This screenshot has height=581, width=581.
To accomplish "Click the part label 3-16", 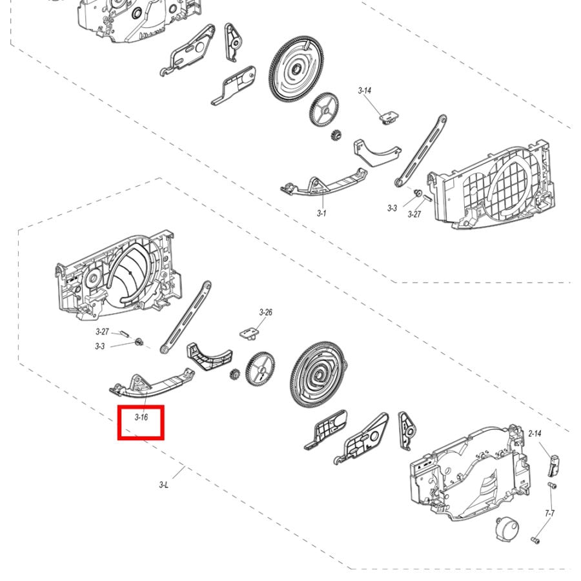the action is (x=141, y=417).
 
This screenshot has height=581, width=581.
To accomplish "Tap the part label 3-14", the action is (x=365, y=90).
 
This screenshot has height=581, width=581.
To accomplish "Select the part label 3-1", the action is (x=321, y=213).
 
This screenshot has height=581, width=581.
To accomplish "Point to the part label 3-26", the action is (x=266, y=312).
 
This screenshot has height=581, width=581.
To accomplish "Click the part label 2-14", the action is (x=535, y=434).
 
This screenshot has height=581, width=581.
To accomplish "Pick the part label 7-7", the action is (x=550, y=513).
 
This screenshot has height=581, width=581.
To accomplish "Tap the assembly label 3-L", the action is (x=164, y=485).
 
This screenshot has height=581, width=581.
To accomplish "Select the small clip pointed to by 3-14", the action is (x=389, y=116).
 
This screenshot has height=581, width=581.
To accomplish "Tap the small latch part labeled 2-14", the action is (x=553, y=465).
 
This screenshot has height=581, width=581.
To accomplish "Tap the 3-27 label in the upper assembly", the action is (x=414, y=214).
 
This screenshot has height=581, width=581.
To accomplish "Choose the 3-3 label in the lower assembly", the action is (x=99, y=347).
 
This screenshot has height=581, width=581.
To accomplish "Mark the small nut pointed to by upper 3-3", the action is (x=418, y=192).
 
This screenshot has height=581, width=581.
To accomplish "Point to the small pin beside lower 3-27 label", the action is (x=124, y=334).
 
